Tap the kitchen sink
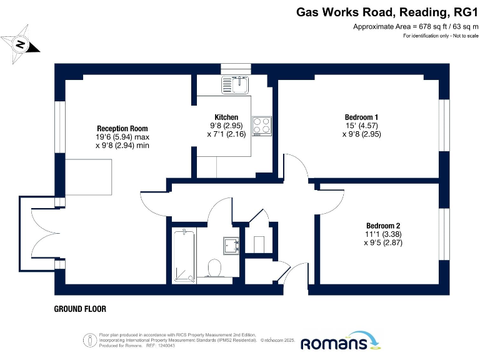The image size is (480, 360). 236,84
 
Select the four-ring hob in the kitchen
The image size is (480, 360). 261,126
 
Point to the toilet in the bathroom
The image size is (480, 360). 215,269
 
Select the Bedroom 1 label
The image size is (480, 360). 361,117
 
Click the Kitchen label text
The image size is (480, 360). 226,117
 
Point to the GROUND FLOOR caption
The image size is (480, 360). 80,309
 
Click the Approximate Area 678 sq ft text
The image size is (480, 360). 416,26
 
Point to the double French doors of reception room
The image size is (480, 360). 37,241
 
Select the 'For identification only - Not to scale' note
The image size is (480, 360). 440,36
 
